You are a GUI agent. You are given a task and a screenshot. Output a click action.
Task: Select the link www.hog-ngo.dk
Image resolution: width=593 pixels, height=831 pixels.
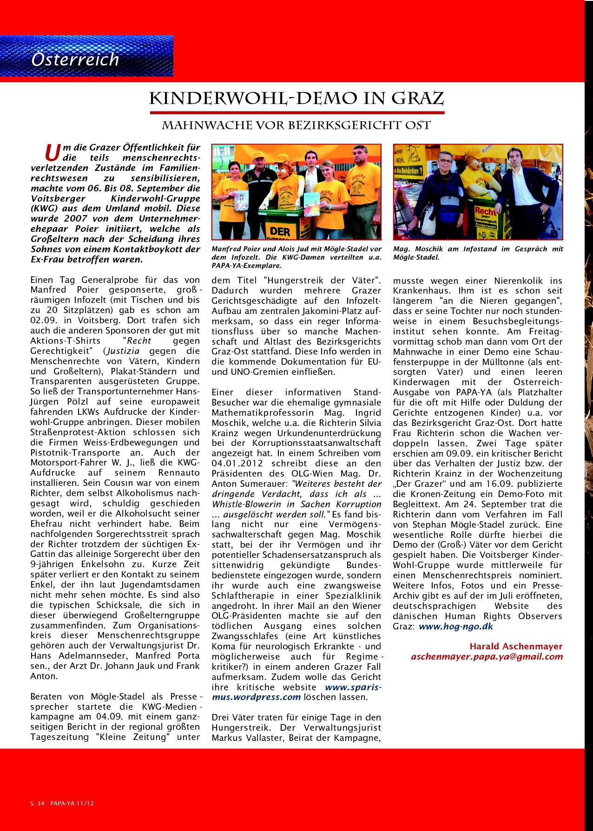tap(455, 626)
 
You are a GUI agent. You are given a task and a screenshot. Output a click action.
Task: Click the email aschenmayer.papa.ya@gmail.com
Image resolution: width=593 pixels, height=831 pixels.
tap(487, 656)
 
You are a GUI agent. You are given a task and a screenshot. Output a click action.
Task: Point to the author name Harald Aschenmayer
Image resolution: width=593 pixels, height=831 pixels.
tap(516, 646)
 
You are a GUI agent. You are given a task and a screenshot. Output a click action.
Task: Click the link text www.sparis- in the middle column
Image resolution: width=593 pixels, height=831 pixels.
tap(353, 687)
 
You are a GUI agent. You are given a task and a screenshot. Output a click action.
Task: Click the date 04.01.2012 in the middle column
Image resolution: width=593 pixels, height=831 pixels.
tap(237, 463)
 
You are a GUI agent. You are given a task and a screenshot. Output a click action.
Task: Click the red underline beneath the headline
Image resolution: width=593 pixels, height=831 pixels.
tap(297, 113)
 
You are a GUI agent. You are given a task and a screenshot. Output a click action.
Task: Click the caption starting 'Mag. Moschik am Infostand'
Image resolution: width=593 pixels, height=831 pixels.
tap(478, 253)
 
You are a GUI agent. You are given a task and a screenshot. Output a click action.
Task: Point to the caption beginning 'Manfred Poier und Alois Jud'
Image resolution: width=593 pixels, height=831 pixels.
tap(296, 257)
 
